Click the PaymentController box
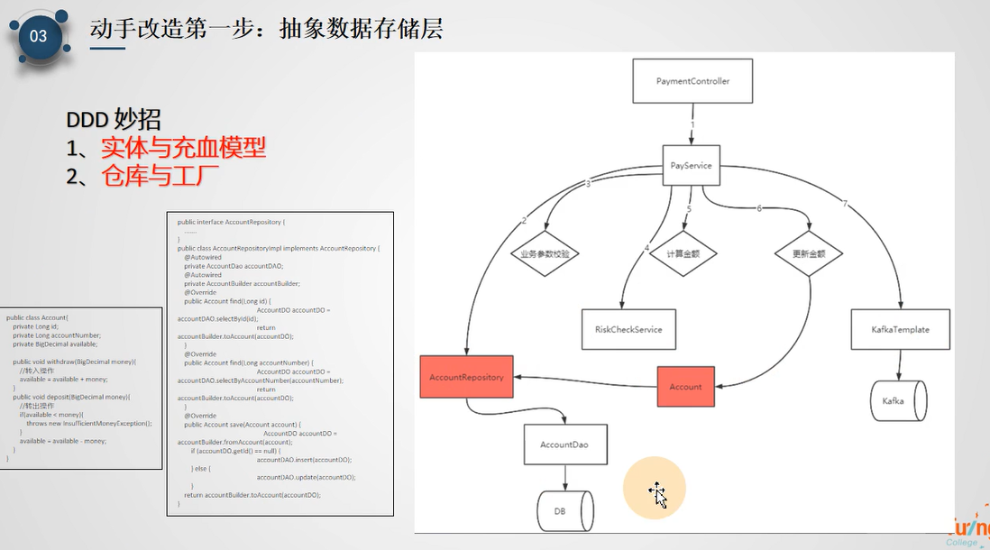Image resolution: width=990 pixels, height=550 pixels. pyautogui.click(x=692, y=81)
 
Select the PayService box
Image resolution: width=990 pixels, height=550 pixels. pyautogui.click(x=692, y=166)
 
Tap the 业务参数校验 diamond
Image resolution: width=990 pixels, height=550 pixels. pyautogui.click(x=545, y=254)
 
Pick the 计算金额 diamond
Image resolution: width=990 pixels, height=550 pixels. pyautogui.click(x=683, y=254)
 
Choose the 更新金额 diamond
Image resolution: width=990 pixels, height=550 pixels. pyautogui.click(x=809, y=254)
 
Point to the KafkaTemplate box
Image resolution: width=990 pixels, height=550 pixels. pyautogui.click(x=901, y=329)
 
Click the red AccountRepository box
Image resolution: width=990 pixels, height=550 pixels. pyautogui.click(x=466, y=377)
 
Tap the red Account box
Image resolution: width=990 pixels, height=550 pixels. pyautogui.click(x=685, y=386)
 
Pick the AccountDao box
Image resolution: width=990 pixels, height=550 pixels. pyautogui.click(x=564, y=445)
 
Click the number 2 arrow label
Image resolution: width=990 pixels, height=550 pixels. pyautogui.click(x=523, y=221)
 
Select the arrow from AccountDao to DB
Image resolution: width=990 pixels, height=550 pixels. pyautogui.click(x=565, y=478)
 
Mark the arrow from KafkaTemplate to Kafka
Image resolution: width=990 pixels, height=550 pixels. pyautogui.click(x=899, y=364)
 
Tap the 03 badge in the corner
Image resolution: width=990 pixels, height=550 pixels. pyautogui.click(x=39, y=36)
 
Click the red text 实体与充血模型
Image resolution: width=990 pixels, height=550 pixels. pyautogui.click(x=183, y=147)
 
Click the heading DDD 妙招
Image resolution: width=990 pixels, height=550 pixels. pyautogui.click(x=114, y=119)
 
